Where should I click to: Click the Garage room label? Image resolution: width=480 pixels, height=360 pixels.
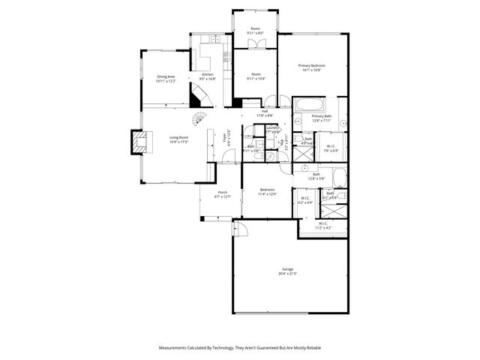[288, 271]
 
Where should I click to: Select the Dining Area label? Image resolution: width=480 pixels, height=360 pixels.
[166, 78]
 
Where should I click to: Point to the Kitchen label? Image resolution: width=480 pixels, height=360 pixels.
[207, 76]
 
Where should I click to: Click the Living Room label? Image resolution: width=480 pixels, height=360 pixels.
[178, 139]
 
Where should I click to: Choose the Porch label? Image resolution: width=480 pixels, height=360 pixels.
[222, 195]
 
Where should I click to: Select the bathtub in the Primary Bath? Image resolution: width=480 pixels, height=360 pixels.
[307, 103]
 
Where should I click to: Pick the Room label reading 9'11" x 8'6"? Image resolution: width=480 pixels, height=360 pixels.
[256, 31]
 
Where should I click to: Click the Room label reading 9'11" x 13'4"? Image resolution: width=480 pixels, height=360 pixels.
[256, 76]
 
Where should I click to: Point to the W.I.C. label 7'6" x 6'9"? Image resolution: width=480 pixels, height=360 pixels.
[331, 148]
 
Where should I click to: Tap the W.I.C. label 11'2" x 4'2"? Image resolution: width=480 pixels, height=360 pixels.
[322, 225]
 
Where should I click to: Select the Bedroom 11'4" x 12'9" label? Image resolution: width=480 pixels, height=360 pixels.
[267, 192]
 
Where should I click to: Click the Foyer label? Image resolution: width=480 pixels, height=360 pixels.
[226, 138]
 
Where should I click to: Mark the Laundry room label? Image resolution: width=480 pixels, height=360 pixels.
[272, 130]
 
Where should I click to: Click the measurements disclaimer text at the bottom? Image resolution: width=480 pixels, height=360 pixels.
[240, 347]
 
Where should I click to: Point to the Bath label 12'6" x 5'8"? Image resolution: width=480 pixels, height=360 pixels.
[316, 176]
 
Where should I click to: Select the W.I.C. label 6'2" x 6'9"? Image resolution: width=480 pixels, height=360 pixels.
[305, 201]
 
